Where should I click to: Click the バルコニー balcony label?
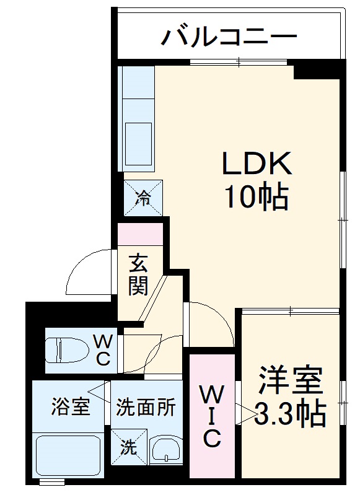click(x=229, y=37)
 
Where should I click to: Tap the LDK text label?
click(x=256, y=164)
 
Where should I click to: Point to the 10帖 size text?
click(x=256, y=197)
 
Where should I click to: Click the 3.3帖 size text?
click(x=291, y=414)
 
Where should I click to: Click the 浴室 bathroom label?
click(x=70, y=408)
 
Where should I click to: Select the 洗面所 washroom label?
click(x=146, y=408)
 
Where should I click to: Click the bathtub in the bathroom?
click(x=68, y=456)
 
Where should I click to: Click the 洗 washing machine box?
click(x=129, y=447)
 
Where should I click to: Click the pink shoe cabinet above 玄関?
click(x=141, y=233)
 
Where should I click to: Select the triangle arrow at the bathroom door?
click(x=98, y=390)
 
